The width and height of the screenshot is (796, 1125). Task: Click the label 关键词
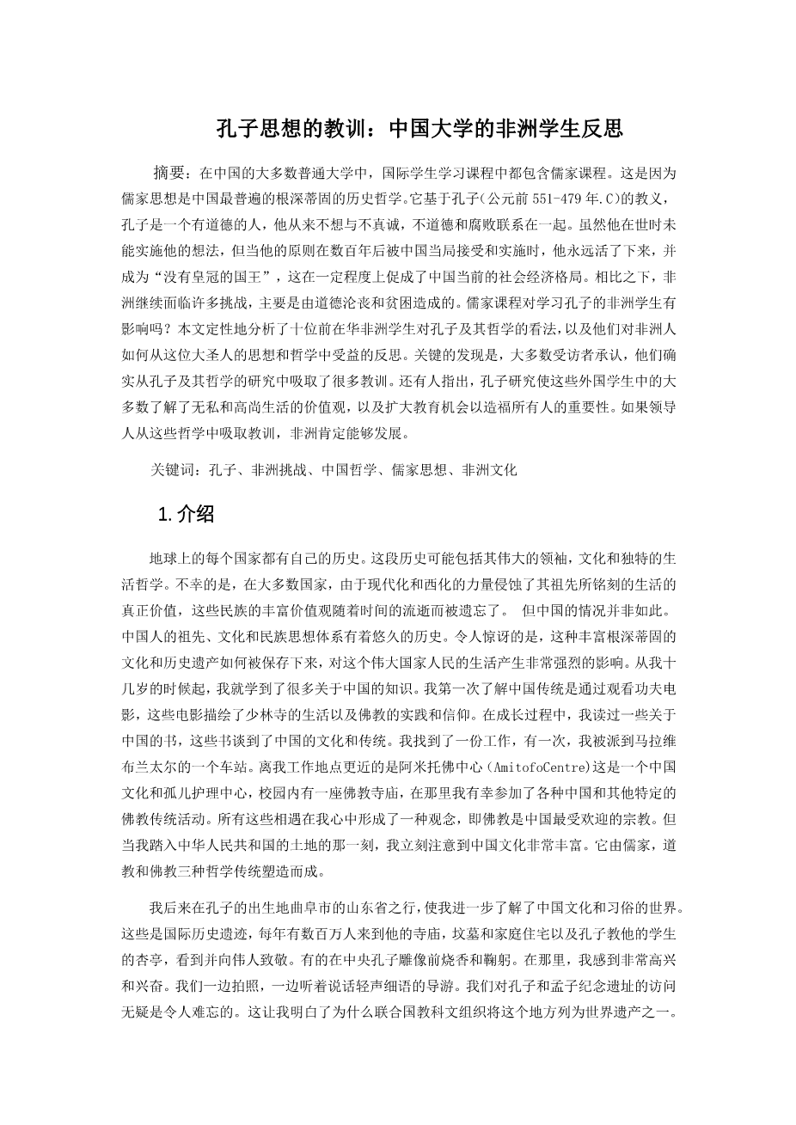172,470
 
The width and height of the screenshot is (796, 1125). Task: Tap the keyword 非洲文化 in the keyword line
489,470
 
